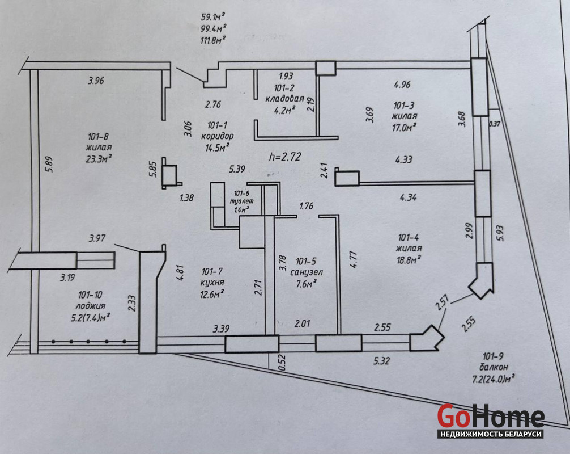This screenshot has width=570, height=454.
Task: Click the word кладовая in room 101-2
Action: pyautogui.click(x=284, y=99)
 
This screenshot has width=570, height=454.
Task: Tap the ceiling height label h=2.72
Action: pyautogui.click(x=285, y=157)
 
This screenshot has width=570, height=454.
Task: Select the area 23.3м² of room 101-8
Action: pyautogui.click(x=99, y=159)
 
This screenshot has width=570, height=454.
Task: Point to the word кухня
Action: pyautogui.click(x=212, y=283)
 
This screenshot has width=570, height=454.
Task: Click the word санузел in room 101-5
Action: pyautogui.click(x=307, y=272)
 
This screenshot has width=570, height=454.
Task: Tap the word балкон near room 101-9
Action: pyautogui.click(x=494, y=367)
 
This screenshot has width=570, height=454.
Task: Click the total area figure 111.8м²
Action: pyautogui.click(x=213, y=40)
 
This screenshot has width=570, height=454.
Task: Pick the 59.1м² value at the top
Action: pyautogui.click(x=213, y=16)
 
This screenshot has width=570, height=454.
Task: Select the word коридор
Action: pyautogui.click(x=218, y=136)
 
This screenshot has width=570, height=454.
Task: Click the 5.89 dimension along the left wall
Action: pyautogui.click(x=49, y=164)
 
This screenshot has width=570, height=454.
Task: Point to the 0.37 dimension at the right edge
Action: pyautogui.click(x=495, y=124)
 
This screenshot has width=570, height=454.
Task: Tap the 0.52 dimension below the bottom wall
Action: pyautogui.click(x=282, y=363)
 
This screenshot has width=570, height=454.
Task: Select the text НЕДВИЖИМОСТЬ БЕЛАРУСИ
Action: pyautogui.click(x=491, y=434)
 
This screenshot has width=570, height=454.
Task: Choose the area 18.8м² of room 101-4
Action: pyautogui.click(x=409, y=259)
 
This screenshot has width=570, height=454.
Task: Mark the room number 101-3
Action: pyautogui.click(x=404, y=106)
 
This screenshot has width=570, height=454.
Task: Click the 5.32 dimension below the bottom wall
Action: pyautogui.click(x=381, y=361)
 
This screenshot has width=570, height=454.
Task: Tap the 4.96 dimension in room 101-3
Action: pyautogui.click(x=402, y=85)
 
